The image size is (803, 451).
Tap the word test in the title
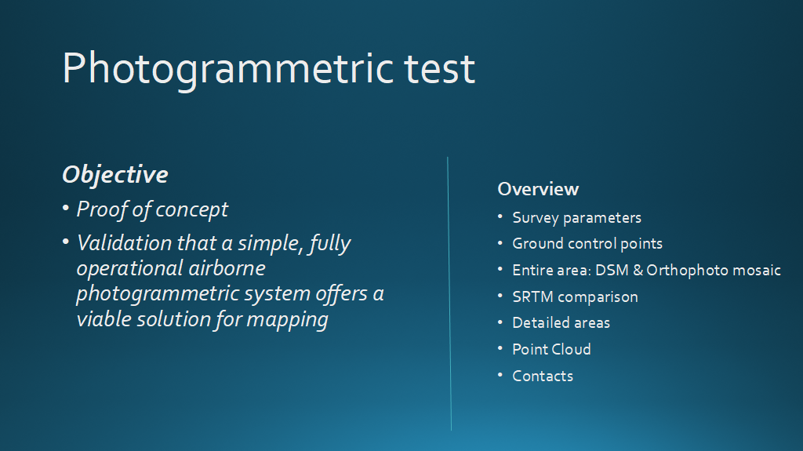click(440, 69)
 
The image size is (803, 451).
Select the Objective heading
click(115, 175)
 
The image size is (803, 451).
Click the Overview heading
click(538, 189)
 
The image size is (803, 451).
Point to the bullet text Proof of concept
click(152, 210)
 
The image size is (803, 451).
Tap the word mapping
click(287, 320)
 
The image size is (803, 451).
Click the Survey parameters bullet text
click(576, 218)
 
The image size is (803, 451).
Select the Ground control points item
click(587, 243)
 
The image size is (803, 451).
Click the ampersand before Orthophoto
click(638, 270)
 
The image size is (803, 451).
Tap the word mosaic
click(757, 270)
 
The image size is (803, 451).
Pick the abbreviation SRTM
click(533, 296)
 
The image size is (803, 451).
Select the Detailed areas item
click(561, 323)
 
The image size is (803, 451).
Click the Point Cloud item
click(551, 350)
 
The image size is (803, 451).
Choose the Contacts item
click(543, 376)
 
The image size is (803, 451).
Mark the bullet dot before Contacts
click(500, 375)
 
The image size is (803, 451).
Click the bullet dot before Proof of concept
click(66, 208)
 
